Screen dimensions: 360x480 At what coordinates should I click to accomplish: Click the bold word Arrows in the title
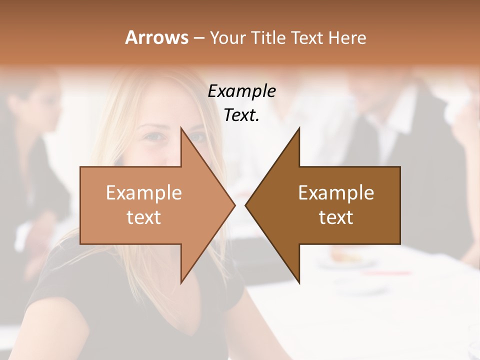(156, 37)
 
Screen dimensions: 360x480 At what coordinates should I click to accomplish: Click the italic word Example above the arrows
(241, 91)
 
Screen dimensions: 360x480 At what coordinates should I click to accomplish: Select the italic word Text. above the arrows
(241, 115)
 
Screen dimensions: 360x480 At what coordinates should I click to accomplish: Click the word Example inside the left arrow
(144, 192)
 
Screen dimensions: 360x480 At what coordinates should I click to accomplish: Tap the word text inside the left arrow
(144, 217)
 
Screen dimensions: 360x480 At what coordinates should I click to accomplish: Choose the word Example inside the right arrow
(336, 192)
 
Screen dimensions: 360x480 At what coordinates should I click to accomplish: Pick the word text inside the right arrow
(336, 217)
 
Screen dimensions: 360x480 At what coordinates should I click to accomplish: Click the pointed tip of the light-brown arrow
(234, 205)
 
